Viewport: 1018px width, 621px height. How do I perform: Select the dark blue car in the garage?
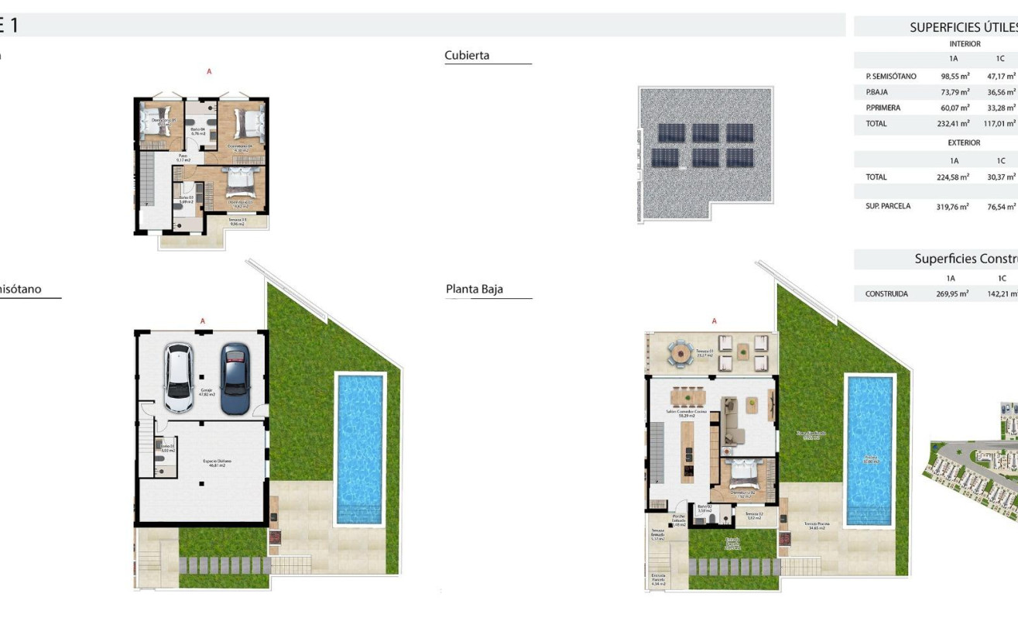pos(235,379)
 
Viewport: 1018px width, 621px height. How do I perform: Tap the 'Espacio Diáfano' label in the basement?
pos(218,463)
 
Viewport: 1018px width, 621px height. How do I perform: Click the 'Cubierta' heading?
pos(467,56)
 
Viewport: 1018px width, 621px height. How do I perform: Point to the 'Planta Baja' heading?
pos(474,289)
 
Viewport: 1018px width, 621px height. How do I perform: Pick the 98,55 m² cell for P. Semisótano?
pos(955,77)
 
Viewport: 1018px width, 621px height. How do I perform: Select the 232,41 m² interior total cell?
pos(954,124)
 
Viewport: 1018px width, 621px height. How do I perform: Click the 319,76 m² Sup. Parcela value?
pos(954,208)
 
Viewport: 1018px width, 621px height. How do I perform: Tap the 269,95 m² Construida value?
pos(952,294)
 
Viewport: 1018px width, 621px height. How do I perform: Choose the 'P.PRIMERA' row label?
pos(883,108)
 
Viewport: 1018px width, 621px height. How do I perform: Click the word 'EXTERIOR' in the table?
pos(964,143)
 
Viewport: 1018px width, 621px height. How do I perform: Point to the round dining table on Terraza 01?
pos(680,353)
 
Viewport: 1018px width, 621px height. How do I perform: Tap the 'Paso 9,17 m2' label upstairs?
pos(183,157)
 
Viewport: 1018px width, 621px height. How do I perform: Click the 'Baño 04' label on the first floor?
pos(199,131)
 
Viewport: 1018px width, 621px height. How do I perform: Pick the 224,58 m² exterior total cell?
pos(954,177)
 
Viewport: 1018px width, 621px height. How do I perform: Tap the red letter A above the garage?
pos(203,321)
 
